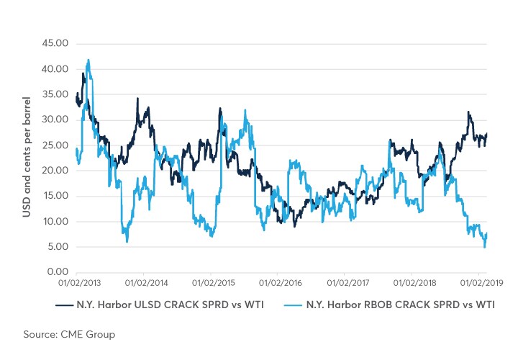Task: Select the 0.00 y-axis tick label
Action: coord(58,272)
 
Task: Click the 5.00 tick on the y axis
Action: coord(58,247)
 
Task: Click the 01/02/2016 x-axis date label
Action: coord(277,284)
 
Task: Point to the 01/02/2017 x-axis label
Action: coord(345,284)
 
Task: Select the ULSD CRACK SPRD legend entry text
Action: coord(169,305)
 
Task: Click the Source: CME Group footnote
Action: coord(68,335)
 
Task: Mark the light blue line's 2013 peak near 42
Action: coord(88,60)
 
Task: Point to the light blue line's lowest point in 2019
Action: coord(484,248)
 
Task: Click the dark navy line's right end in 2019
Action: coord(487,133)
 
